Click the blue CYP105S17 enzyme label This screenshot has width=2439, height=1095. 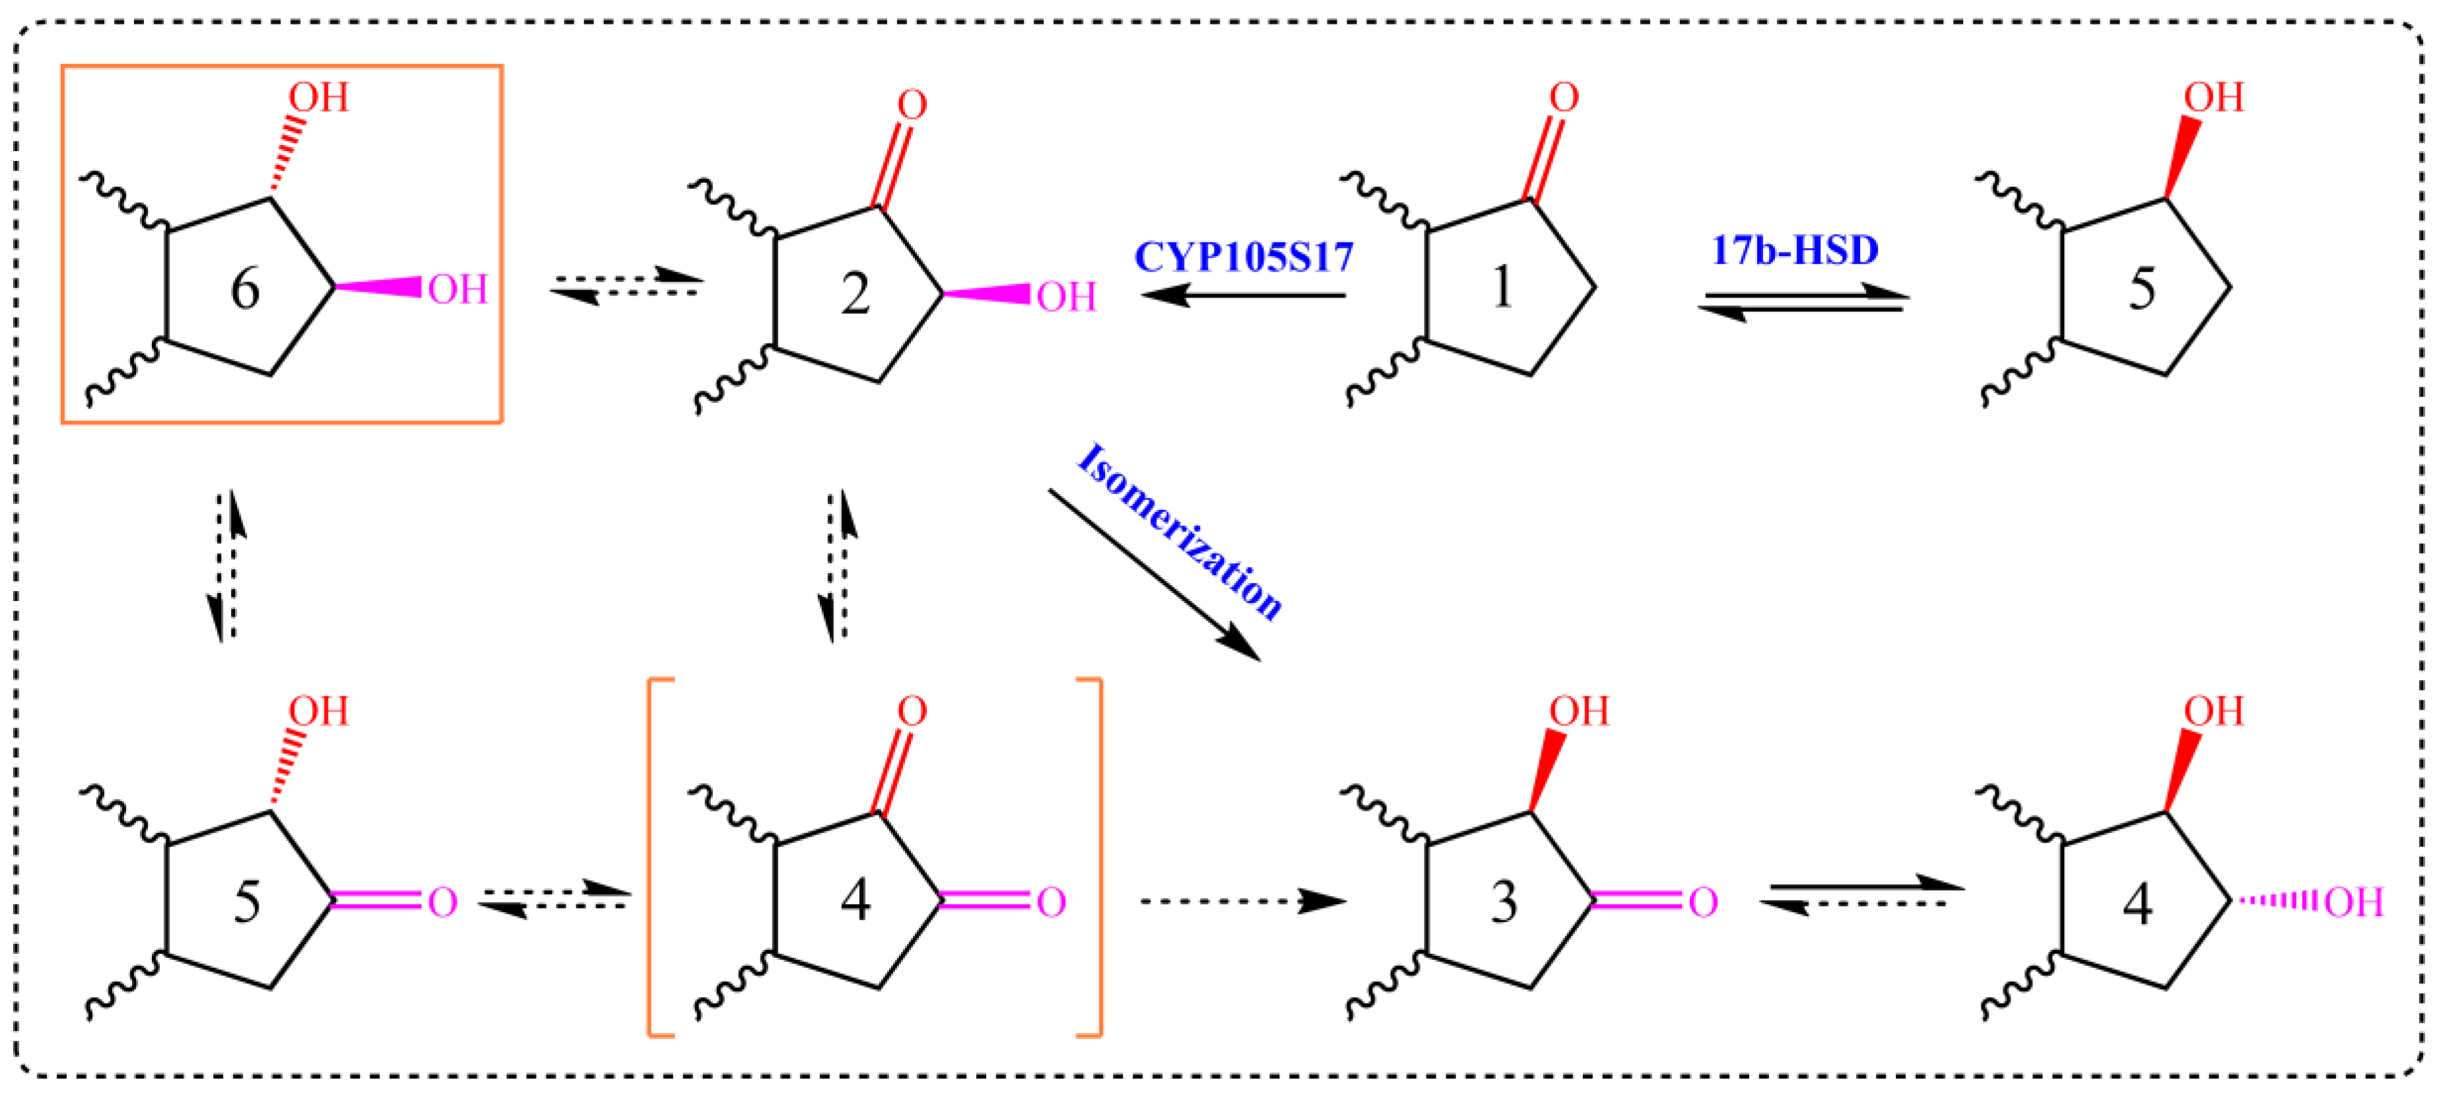(x=1243, y=257)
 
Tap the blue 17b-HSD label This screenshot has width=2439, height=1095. (x=1794, y=250)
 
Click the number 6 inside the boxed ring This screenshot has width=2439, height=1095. (x=246, y=289)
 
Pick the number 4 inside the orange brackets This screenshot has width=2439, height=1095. (x=855, y=901)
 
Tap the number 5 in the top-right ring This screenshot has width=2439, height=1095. (x=2142, y=289)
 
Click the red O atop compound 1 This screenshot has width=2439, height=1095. (x=1563, y=98)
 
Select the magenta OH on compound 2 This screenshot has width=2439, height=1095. (x=1066, y=297)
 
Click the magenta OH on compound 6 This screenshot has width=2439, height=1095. (x=457, y=290)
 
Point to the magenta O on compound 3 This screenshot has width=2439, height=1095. (x=1702, y=902)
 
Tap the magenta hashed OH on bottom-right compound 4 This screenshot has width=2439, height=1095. (x=2354, y=902)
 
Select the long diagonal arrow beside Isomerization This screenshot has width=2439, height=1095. (x=1154, y=575)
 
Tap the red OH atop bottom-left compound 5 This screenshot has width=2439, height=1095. (x=318, y=710)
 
